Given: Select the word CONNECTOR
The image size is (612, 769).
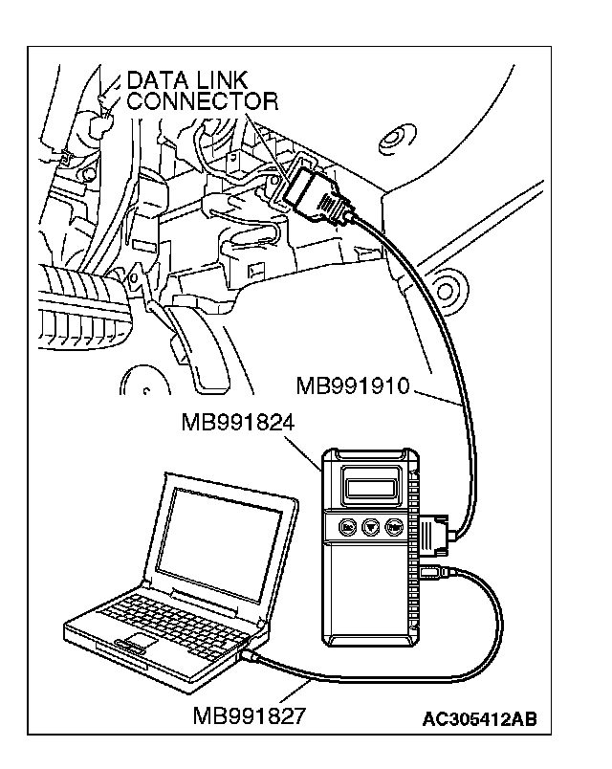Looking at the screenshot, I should (x=202, y=101).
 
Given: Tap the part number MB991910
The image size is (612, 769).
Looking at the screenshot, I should (x=353, y=386).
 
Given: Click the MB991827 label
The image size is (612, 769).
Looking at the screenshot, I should (x=251, y=714).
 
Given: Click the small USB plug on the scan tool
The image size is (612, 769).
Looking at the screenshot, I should (x=432, y=574).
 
